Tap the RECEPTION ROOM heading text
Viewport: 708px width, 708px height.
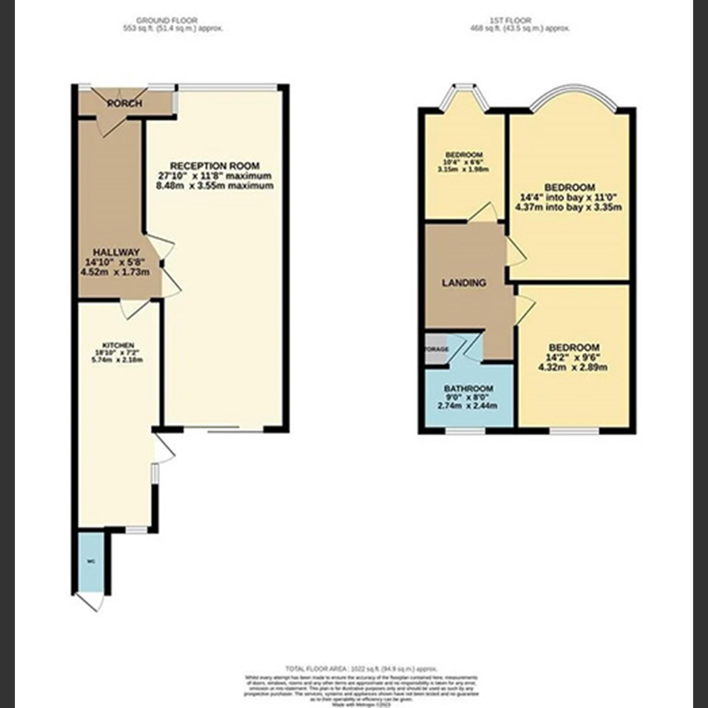coord(214,165)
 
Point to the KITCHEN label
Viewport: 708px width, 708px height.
coord(118,345)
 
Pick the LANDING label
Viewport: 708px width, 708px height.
coord(464,283)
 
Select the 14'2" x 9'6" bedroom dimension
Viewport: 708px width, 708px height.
coord(574,357)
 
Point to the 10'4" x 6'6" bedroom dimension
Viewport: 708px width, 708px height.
coord(464,162)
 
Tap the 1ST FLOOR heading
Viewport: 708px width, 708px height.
coord(521,20)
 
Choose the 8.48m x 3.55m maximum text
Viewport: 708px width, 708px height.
coord(214,186)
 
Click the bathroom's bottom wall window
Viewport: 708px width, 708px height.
coord(465,431)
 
